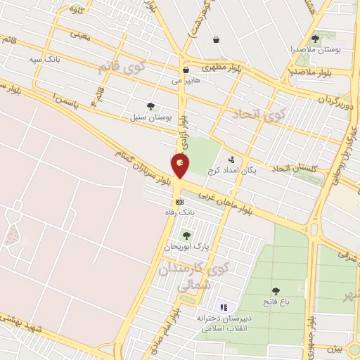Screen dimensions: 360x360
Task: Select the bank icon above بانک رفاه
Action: (179, 201)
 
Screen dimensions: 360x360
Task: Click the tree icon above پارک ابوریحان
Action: (186, 236)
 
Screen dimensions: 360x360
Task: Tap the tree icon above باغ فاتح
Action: (275, 290)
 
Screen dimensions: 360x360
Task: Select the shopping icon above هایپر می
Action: (186, 70)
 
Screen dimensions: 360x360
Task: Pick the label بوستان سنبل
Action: (147, 117)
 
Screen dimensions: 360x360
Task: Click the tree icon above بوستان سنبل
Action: (148, 106)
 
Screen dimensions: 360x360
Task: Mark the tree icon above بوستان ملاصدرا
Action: (314, 39)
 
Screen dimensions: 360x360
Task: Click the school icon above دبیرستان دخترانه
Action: (224, 307)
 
